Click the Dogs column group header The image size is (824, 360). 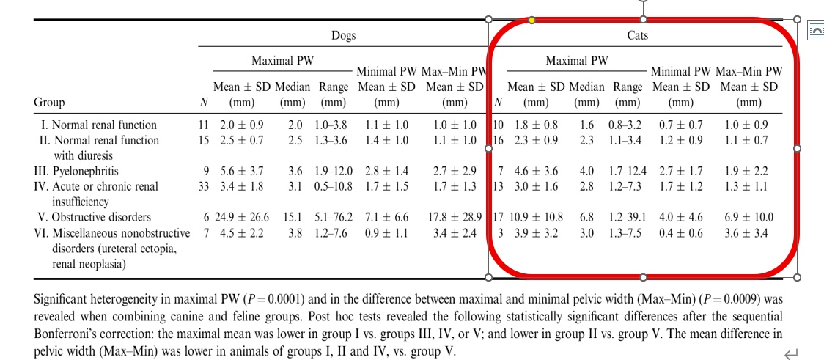[x=343, y=35]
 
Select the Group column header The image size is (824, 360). [x=49, y=102]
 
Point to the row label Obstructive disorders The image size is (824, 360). [x=101, y=217]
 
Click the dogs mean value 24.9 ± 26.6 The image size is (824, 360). [x=244, y=218]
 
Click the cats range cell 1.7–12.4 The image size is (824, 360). [x=628, y=172]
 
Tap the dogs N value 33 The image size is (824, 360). [x=203, y=186]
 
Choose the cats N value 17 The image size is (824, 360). [x=498, y=218]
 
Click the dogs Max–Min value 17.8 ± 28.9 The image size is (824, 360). [x=455, y=218]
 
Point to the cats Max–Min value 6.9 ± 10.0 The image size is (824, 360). [x=748, y=218]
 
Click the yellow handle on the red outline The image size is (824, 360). [x=531, y=20]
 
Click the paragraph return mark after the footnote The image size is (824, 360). [x=790, y=353]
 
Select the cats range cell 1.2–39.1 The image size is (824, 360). [x=628, y=218]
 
